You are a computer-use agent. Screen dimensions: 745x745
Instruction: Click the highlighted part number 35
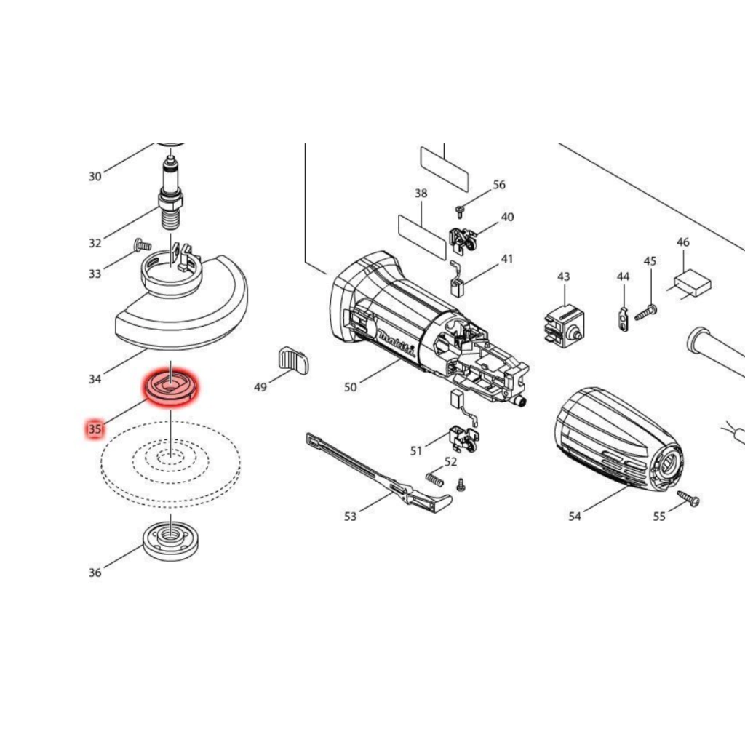click(95, 429)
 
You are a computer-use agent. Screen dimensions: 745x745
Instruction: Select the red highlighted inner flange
click(171, 387)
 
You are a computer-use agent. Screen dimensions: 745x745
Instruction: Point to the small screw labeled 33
click(143, 245)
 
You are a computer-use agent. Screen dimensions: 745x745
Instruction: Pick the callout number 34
click(95, 378)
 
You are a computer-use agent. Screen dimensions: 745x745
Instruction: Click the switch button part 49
click(292, 359)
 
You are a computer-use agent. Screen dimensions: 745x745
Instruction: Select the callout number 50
click(350, 387)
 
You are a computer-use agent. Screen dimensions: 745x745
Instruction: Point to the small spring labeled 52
click(435, 479)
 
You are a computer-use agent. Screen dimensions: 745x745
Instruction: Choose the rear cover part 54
click(619, 441)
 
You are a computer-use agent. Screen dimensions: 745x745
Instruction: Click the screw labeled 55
click(690, 498)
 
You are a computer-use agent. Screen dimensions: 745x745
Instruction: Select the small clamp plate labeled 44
click(624, 319)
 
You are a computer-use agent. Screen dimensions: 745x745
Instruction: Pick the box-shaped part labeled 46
click(693, 283)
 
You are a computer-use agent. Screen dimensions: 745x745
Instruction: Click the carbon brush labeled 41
click(457, 282)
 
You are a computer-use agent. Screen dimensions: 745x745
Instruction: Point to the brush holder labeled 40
click(462, 240)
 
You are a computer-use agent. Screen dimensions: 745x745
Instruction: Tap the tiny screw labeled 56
click(460, 212)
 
